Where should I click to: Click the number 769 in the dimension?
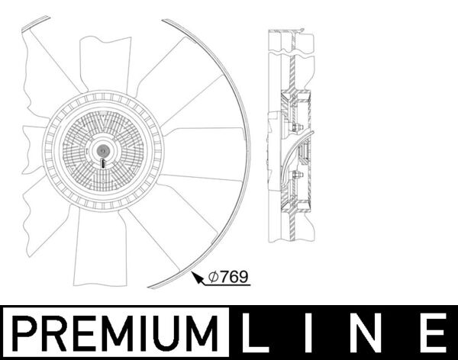(x=235, y=278)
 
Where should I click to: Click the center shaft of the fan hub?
(x=102, y=149)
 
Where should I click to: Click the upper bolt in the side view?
(x=298, y=127)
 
